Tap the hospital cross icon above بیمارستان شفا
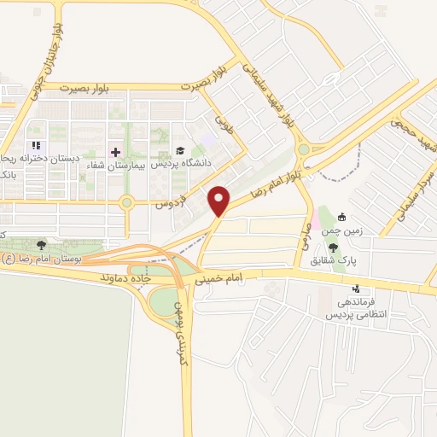(116, 152)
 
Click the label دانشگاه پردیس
(189, 163)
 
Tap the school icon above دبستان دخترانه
(36, 146)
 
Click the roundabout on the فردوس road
(127, 203)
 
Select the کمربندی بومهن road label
(179, 329)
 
